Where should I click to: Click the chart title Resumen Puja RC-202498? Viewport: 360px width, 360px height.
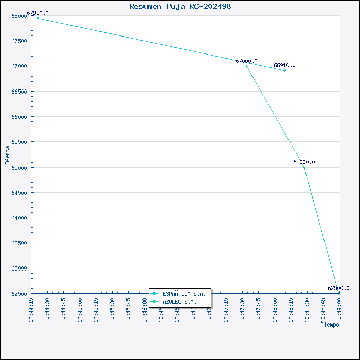(x=180, y=6)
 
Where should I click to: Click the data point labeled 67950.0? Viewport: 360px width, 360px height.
(x=38, y=18)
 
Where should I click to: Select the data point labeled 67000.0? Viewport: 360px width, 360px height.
(x=246, y=66)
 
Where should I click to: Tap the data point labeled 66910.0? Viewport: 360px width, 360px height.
(x=284, y=70)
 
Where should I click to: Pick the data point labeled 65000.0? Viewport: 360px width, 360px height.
(x=304, y=167)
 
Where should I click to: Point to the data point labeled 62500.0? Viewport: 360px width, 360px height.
(x=339, y=293)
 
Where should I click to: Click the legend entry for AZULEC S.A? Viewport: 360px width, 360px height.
(x=179, y=302)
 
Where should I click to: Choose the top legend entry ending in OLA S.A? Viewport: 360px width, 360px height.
(x=184, y=294)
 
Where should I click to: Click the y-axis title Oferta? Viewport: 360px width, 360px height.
(x=7, y=154)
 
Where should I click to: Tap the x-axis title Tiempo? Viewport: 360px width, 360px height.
(x=330, y=325)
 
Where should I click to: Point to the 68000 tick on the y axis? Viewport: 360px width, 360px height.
(x=19, y=16)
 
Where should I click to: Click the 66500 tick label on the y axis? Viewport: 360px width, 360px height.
(x=19, y=92)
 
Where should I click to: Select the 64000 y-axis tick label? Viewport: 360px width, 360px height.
(x=19, y=218)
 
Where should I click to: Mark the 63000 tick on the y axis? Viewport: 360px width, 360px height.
(x=19, y=268)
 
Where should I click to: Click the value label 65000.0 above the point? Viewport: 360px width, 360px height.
(x=304, y=162)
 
